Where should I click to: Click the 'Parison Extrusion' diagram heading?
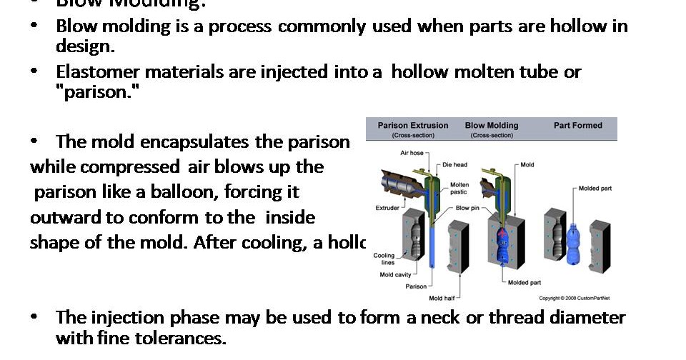coord(413,126)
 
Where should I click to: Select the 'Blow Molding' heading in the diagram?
coord(491,126)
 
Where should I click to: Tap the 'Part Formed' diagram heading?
coord(577,126)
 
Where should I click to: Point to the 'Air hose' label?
coord(412,153)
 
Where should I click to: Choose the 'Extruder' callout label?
coord(388,208)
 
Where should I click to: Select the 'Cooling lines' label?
coord(384,259)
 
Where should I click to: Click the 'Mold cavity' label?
coord(395,274)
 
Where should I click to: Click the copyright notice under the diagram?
coord(577,298)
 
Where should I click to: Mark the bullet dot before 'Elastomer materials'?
coord(34,71)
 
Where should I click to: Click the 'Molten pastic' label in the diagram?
coord(459,189)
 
